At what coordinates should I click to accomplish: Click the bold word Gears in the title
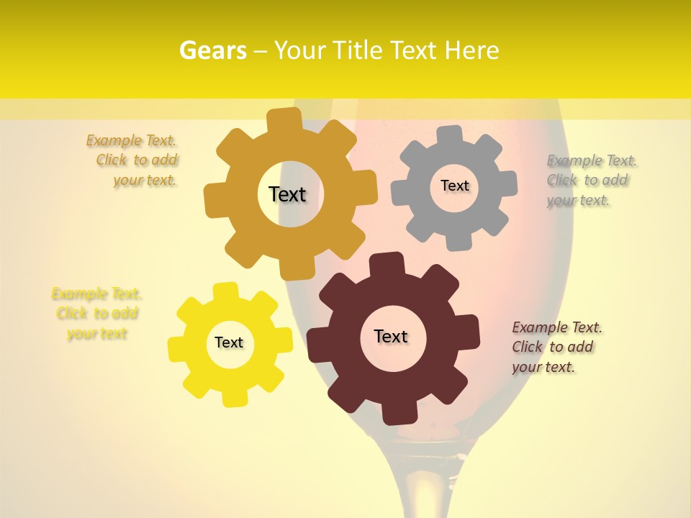[x=212, y=50]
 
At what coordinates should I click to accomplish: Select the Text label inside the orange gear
[x=287, y=194]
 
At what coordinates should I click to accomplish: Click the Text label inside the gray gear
[x=454, y=186]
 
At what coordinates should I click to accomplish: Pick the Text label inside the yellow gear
[x=229, y=342]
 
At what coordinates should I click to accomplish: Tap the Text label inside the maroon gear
[x=391, y=336]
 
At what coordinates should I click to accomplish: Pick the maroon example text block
[x=554, y=347]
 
